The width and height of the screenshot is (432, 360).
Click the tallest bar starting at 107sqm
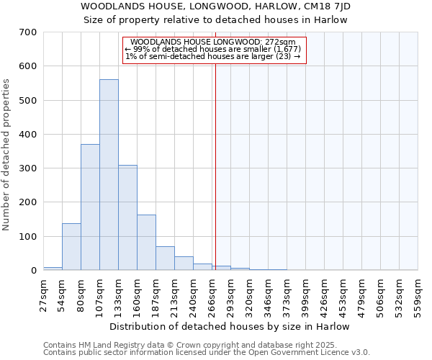(109, 175)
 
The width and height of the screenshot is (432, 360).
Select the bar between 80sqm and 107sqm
(90, 207)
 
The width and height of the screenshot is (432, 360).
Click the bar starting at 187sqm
(165, 258)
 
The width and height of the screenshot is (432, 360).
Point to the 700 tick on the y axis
(27, 32)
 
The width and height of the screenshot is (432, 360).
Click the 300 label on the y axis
(27, 168)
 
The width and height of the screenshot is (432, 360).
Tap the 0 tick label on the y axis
(33, 271)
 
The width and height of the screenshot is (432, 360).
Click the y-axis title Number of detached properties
(7, 155)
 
